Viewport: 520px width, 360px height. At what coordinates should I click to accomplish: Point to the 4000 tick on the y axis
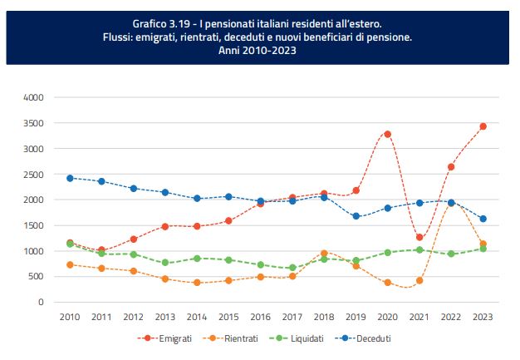(x=32, y=97)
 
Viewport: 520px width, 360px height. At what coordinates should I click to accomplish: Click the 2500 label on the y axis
(x=32, y=175)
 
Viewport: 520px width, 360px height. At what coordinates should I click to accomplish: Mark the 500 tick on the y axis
(x=36, y=277)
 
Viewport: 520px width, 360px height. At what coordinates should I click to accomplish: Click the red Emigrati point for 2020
(x=387, y=134)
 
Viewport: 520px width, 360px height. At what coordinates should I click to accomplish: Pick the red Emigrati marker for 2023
(x=483, y=126)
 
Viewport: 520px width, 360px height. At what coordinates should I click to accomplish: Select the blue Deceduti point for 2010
(x=70, y=178)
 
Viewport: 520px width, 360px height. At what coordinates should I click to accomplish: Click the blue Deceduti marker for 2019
(x=356, y=216)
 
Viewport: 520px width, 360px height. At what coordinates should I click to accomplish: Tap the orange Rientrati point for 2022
(x=451, y=202)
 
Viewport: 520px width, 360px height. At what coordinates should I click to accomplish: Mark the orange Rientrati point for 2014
(x=197, y=283)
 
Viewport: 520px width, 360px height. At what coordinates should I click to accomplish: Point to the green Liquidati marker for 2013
(x=165, y=263)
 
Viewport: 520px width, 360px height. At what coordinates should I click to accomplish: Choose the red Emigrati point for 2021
(x=419, y=238)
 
